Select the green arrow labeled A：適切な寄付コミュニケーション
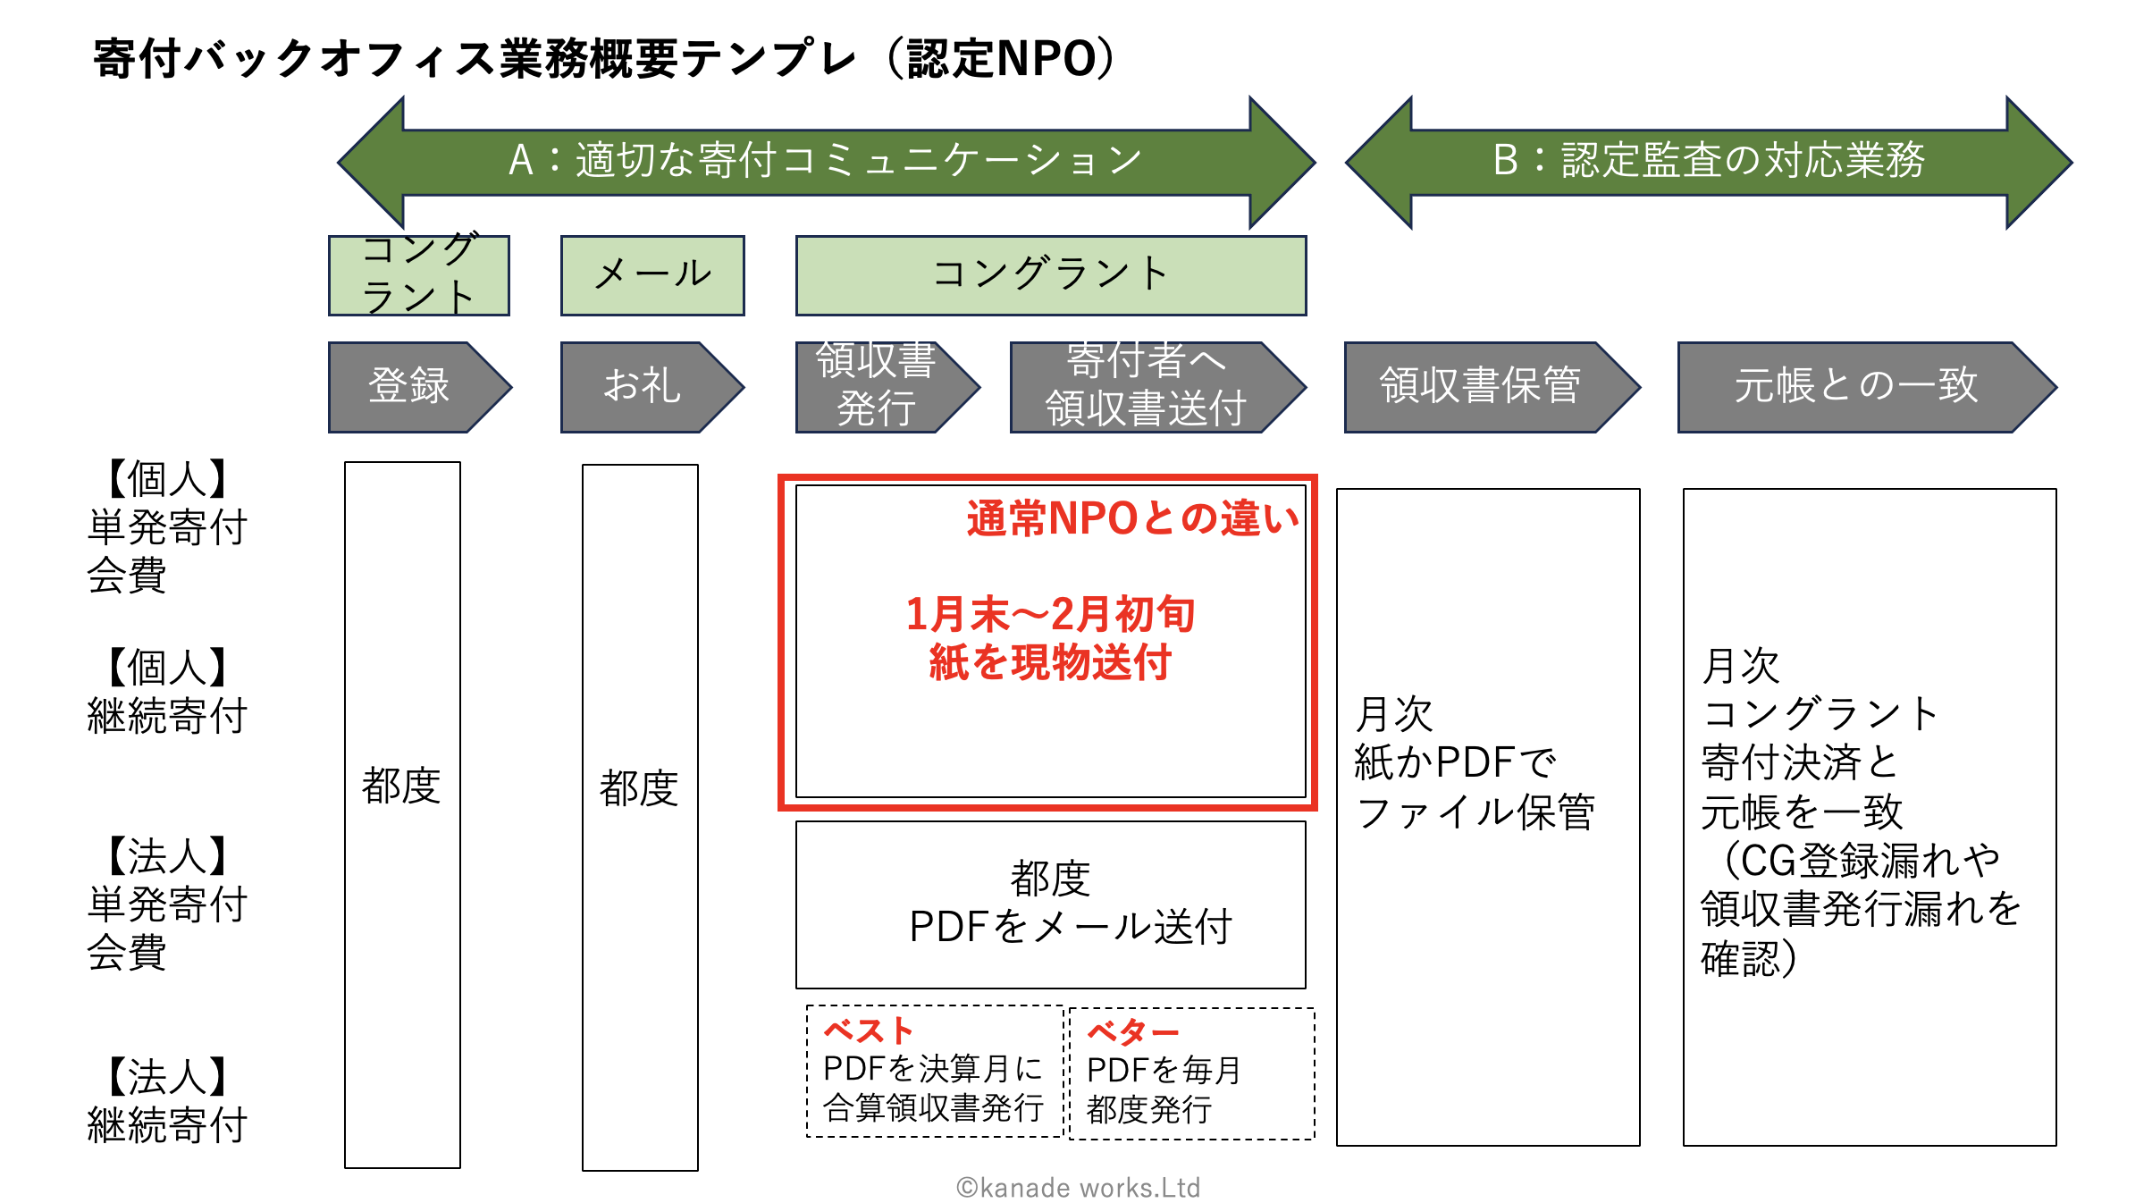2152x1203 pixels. pos(826,162)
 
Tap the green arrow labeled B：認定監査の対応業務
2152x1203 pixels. pos(1708,162)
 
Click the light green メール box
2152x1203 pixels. pos(652,275)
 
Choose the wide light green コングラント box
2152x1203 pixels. pos(1050,275)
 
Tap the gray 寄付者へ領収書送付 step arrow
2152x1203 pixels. pos(1147,387)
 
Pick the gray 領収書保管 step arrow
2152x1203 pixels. pos(1481,387)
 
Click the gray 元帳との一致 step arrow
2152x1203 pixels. pos(1856,387)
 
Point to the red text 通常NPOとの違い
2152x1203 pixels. pos(1132,518)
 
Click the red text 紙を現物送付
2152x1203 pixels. pos(1050,663)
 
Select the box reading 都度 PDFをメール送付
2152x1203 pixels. pos(1050,904)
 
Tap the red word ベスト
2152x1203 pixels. pos(868,1031)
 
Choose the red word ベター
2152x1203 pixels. pos(1132,1032)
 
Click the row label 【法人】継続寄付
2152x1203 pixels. pos(167,1101)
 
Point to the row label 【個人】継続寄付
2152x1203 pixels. pos(167,691)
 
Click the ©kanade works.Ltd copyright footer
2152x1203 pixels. pos(1078,1187)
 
